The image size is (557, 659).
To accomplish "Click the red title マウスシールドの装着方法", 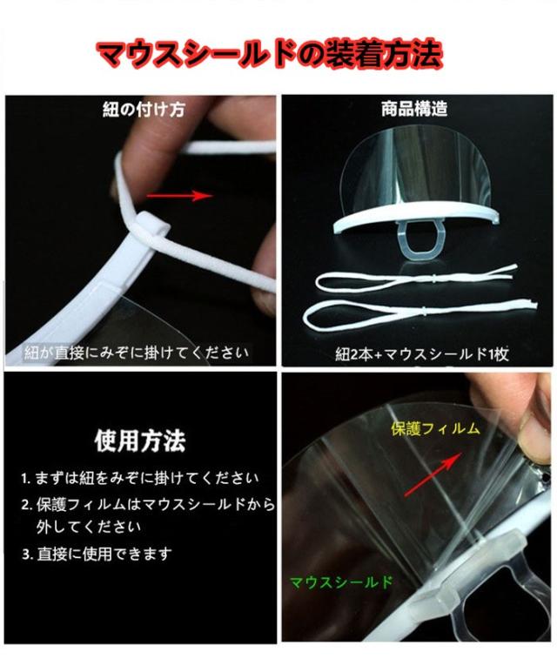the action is [x=269, y=54].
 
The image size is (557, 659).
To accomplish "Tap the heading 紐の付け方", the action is [x=144, y=110].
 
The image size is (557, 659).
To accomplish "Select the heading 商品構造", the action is [x=414, y=109].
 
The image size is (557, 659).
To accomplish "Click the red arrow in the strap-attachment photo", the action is [x=179, y=195].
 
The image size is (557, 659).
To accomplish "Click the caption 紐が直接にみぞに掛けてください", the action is [x=136, y=353].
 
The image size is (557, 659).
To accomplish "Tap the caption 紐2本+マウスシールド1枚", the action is [x=422, y=354].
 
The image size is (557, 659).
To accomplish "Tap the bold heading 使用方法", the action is [x=139, y=440].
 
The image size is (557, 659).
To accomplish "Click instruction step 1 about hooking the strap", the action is [x=140, y=478].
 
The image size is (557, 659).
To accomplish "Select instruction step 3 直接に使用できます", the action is [x=97, y=554].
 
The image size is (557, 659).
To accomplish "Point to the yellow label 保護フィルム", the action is [x=436, y=428].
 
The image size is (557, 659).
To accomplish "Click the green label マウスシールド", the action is [x=341, y=582].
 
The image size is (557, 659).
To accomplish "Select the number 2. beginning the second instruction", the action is [x=26, y=505].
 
